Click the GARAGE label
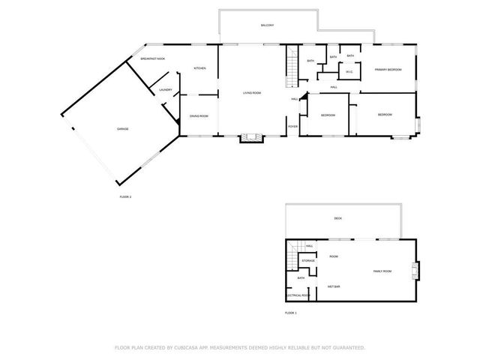(122, 129)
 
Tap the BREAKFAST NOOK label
(153, 58)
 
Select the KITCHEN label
(200, 68)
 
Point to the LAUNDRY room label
(166, 91)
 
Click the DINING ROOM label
(199, 115)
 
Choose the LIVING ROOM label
(251, 93)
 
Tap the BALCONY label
(267, 25)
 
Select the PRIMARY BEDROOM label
(388, 70)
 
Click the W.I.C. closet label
(349, 73)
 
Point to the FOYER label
(292, 126)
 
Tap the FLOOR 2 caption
(125, 196)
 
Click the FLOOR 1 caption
(291, 312)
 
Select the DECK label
(338, 218)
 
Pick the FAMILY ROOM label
(383, 271)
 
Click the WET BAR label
(334, 286)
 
